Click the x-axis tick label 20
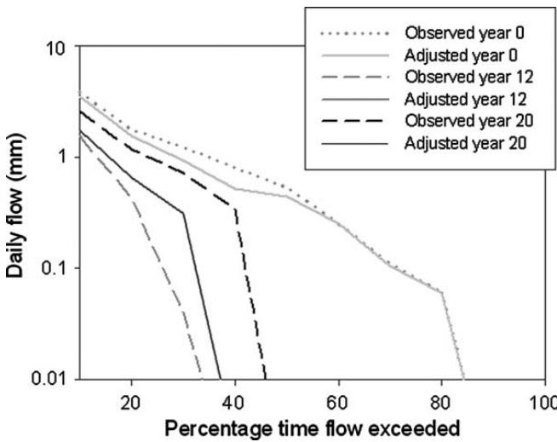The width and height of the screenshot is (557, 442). (x=130, y=399)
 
